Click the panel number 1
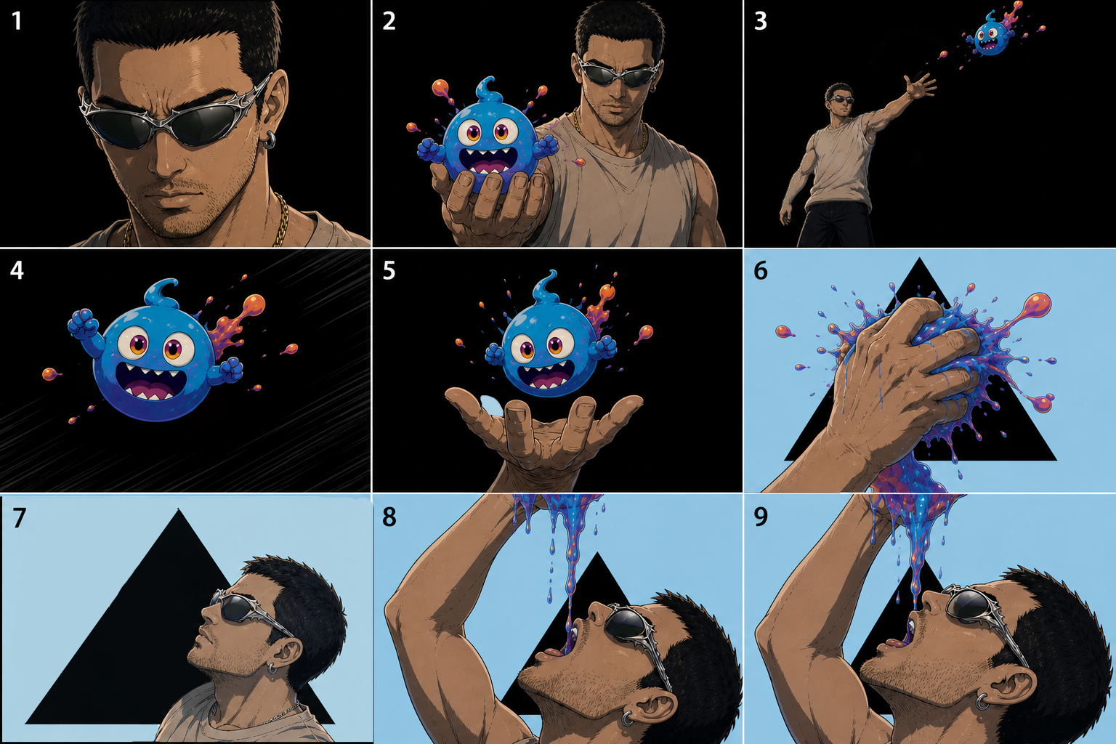click(17, 21)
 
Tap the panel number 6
click(760, 270)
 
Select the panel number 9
click(760, 517)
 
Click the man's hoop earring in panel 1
click(270, 140)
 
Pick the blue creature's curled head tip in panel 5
click(546, 285)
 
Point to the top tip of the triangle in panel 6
click(919, 258)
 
